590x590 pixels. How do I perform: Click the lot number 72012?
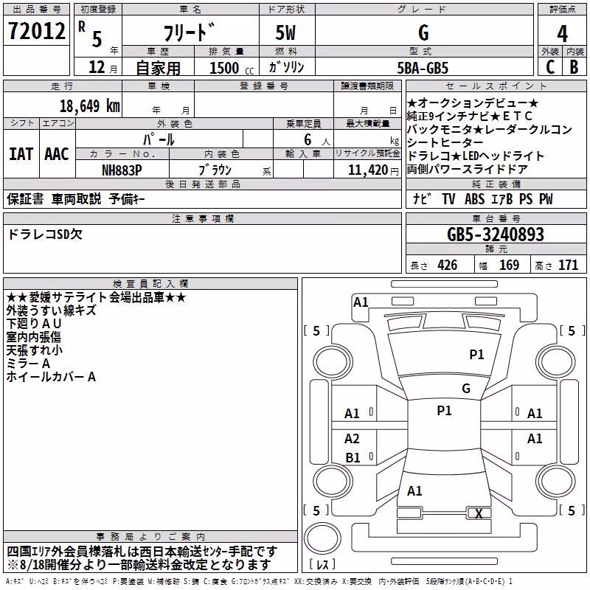tap(36, 31)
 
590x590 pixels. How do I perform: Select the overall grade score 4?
tap(562, 34)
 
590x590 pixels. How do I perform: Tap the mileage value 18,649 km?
tap(90, 106)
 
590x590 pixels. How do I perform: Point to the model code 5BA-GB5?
tap(423, 68)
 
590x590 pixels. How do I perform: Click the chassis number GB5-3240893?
tap(496, 235)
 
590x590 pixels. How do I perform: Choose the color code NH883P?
tap(122, 170)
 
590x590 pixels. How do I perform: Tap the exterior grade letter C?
tap(550, 67)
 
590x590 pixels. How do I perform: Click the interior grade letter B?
tap(574, 67)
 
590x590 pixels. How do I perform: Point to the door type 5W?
tap(285, 32)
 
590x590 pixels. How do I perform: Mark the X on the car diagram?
tap(479, 513)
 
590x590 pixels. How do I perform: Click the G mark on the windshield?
tap(466, 389)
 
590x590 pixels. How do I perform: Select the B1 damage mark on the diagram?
tap(353, 457)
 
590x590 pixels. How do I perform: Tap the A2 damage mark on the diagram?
tap(352, 438)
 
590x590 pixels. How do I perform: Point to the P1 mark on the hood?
tap(476, 354)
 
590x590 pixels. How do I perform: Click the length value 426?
tap(448, 265)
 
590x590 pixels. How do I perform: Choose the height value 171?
tap(568, 265)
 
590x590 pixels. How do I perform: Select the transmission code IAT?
tap(21, 154)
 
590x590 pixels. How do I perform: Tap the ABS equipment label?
tap(474, 199)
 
